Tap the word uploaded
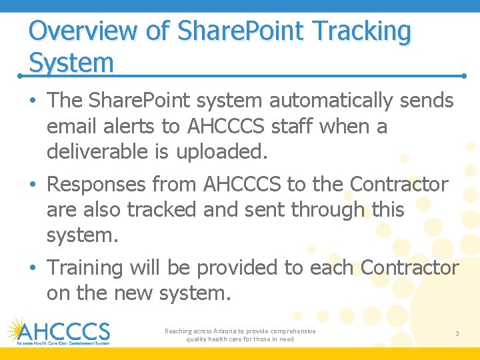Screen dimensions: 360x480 coord(221,151)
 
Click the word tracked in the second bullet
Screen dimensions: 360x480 coord(161,209)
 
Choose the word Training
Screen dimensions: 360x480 coord(85,267)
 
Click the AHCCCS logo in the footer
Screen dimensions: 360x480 coord(58,331)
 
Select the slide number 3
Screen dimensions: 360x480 coord(457,333)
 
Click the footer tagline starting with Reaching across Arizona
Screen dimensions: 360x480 coord(240,335)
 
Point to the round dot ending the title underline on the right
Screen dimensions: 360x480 coord(464,76)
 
